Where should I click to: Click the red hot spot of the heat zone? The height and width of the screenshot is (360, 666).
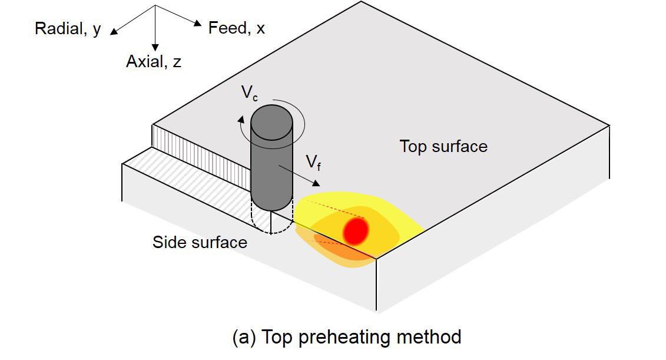356,232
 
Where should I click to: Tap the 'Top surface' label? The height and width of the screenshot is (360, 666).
443,146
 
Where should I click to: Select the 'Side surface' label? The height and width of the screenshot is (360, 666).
200,242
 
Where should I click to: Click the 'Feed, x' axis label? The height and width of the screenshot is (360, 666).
237,28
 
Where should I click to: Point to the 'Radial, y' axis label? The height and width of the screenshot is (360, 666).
68,29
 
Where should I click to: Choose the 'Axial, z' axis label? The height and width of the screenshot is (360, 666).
154,62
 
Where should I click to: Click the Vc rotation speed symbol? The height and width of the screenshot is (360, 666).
249,93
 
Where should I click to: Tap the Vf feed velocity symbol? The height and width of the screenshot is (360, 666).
313,163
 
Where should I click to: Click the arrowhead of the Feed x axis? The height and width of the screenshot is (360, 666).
197,23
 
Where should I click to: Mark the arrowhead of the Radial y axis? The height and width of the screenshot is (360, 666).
114,31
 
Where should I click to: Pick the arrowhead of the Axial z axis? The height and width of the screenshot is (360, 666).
155,47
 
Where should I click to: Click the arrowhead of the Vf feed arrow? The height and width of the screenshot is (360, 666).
316,183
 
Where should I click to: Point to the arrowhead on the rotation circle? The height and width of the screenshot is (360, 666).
241,120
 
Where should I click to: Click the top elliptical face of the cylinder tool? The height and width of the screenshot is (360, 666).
272,123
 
